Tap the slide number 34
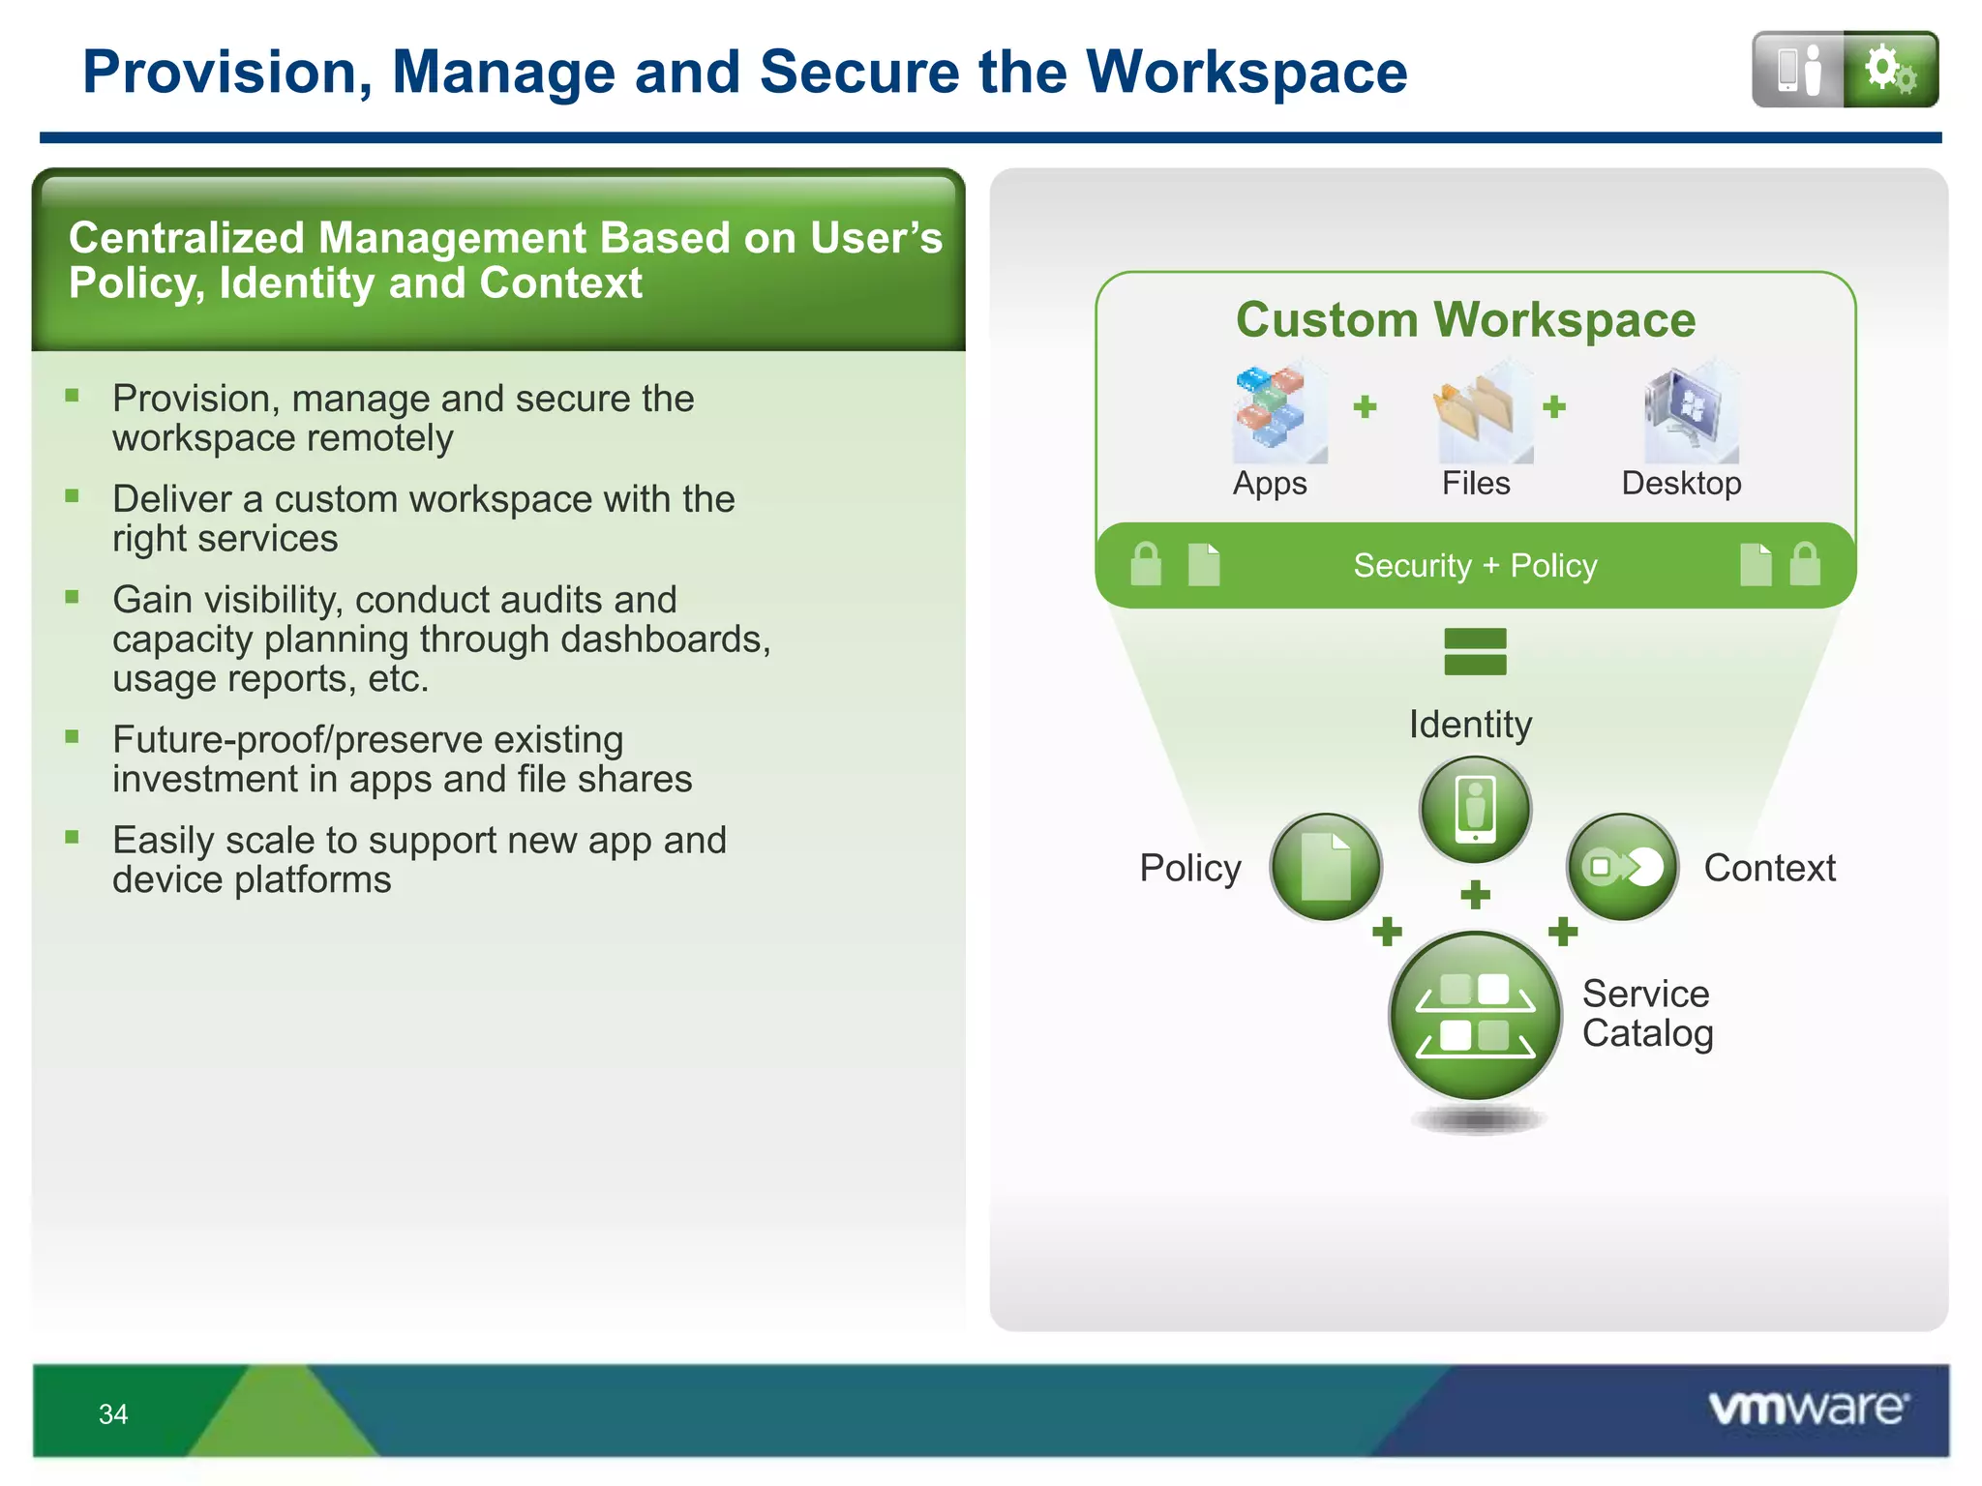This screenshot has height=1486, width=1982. click(113, 1414)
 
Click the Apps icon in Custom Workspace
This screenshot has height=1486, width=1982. click(1272, 411)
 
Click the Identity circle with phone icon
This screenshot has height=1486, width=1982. click(1475, 810)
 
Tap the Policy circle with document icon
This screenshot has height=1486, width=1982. click(1326, 867)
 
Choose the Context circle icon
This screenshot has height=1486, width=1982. click(1622, 867)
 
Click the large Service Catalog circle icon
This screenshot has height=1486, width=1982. click(1475, 1016)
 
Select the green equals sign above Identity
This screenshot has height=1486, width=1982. click(1475, 651)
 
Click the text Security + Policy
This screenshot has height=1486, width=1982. click(1475, 566)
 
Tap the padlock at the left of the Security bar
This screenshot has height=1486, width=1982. click(1146, 564)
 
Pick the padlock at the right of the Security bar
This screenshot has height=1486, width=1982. click(1805, 564)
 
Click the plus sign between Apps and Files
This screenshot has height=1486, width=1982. click(1365, 406)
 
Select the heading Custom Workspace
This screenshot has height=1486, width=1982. click(1465, 320)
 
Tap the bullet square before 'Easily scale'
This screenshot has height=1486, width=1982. click(72, 837)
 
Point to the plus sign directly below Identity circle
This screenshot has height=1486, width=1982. click(1475, 894)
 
